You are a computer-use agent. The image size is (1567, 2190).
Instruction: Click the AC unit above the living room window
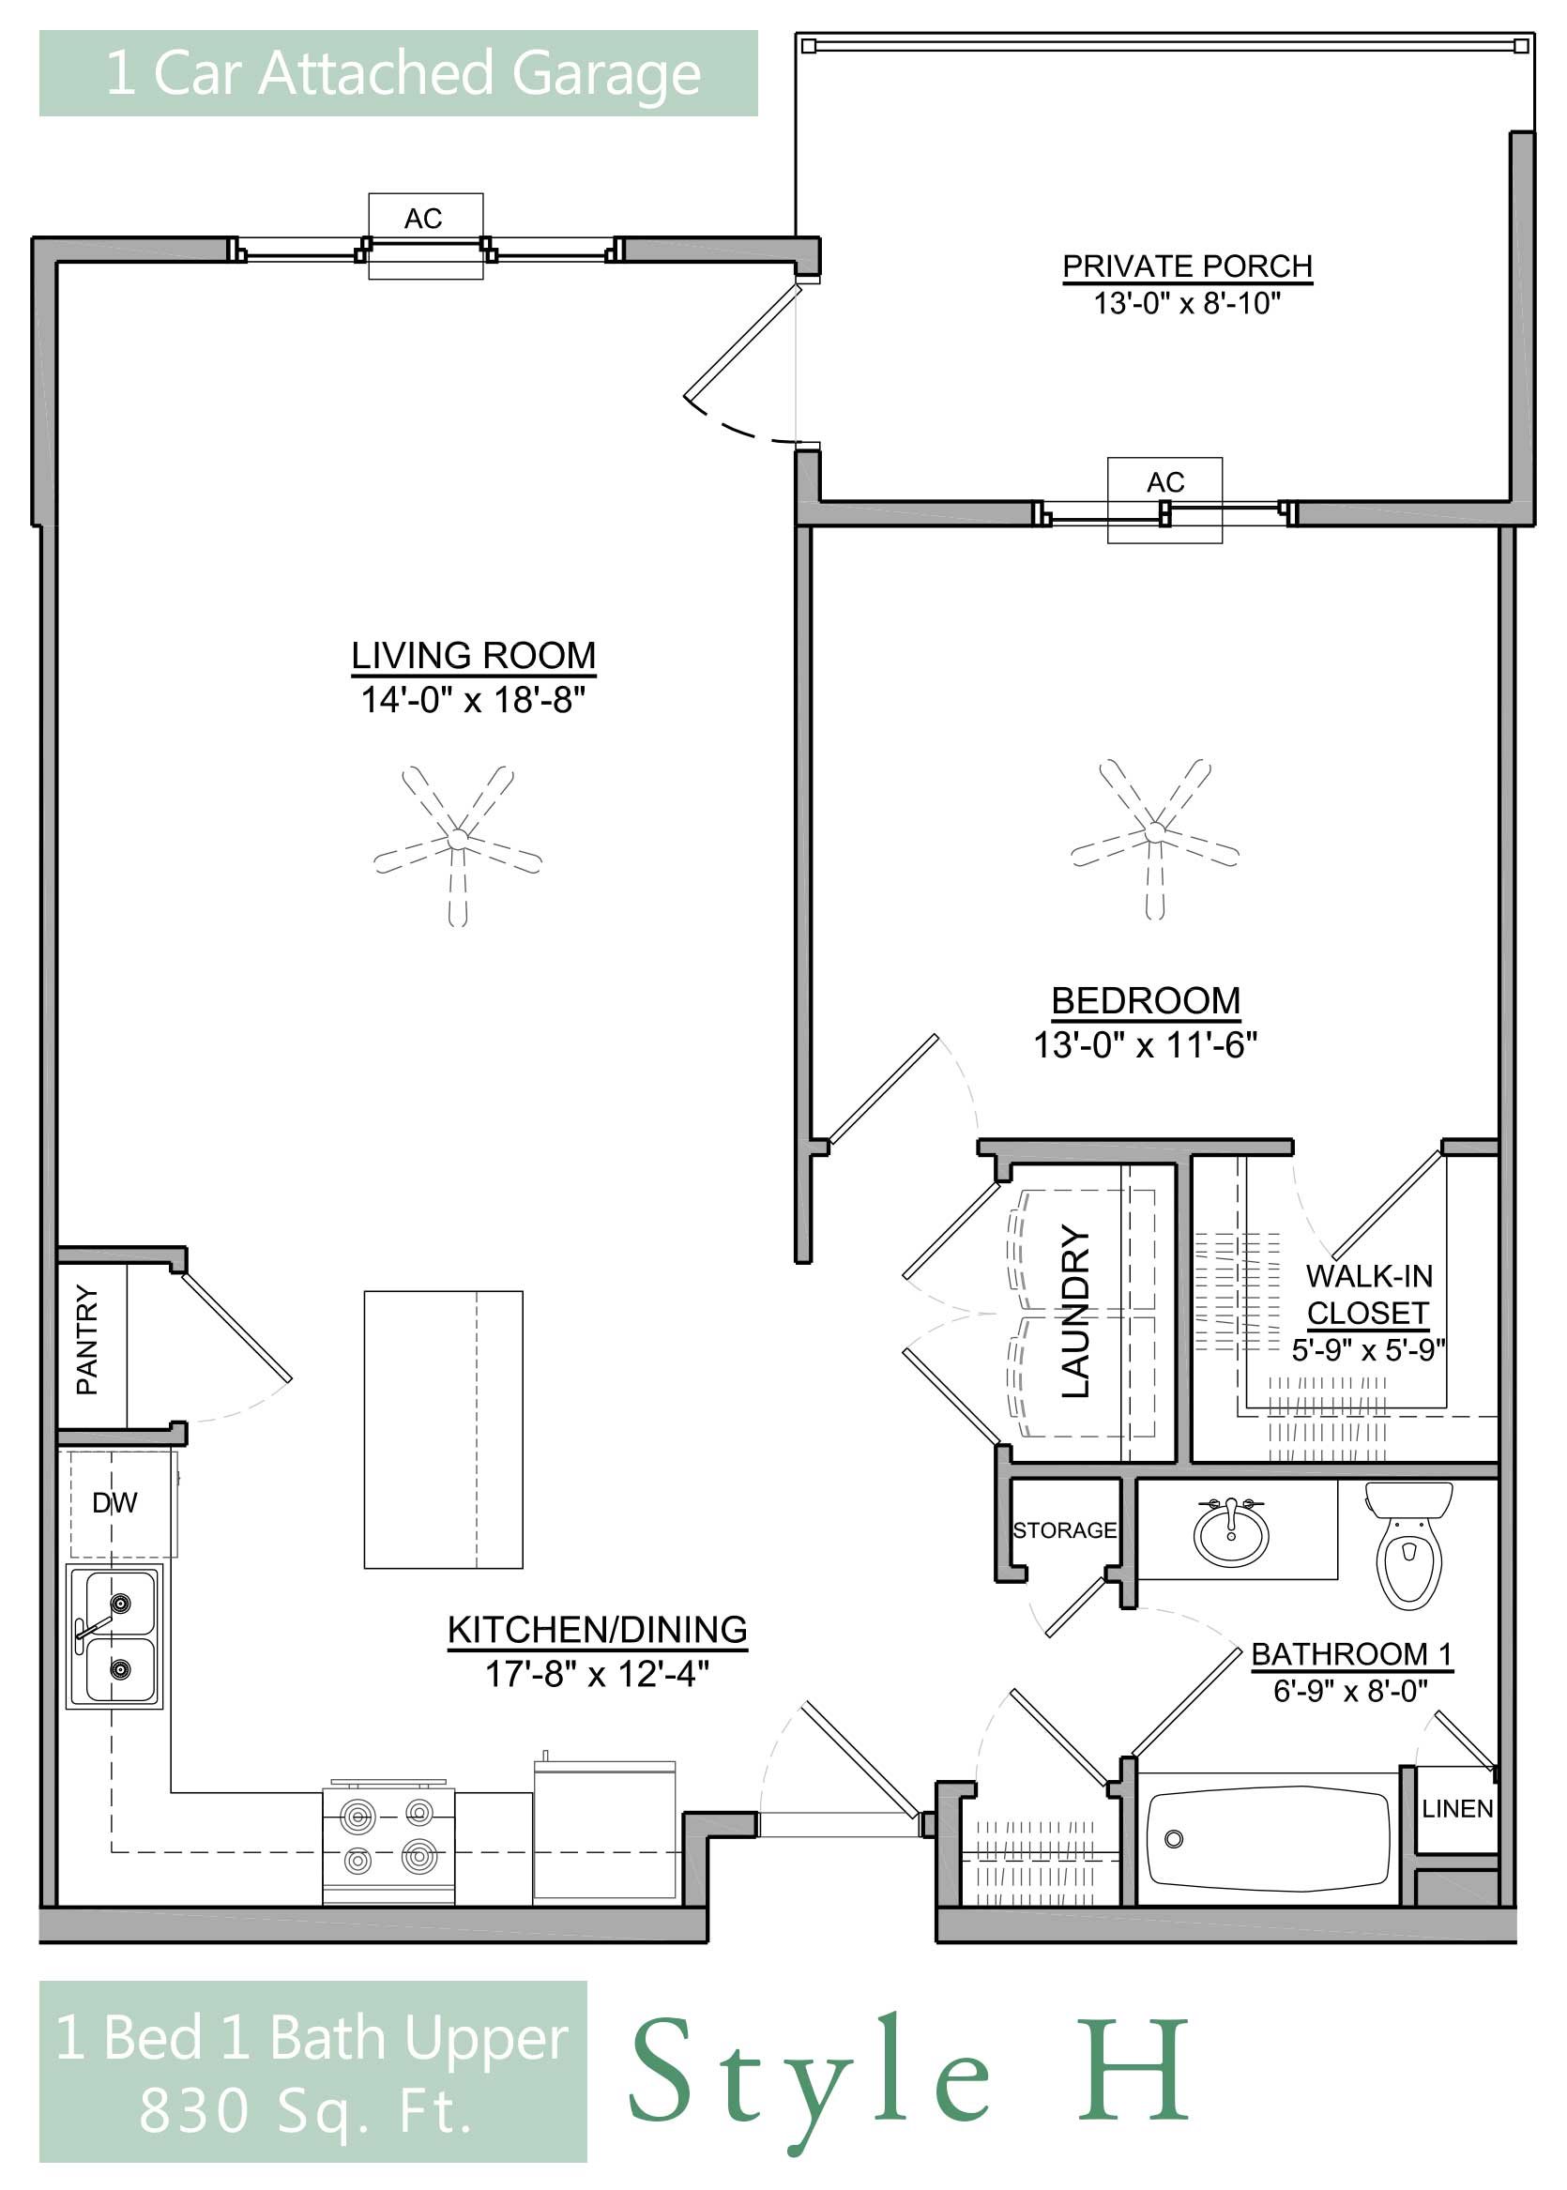(425, 236)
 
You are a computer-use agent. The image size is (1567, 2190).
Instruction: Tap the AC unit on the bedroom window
(1164, 500)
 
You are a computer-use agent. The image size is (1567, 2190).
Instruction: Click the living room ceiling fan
(458, 845)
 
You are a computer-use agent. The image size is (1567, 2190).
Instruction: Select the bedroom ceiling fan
(1155, 839)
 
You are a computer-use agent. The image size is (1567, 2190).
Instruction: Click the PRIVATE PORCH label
(1188, 266)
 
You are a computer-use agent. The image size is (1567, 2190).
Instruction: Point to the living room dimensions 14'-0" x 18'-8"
(473, 698)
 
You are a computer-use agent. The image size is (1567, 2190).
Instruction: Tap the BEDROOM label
(1146, 1000)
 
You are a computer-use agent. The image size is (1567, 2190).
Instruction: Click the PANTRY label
(88, 1340)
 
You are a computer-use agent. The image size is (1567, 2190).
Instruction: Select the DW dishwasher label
(114, 1502)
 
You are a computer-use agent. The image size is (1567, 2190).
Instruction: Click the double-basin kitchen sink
(114, 1636)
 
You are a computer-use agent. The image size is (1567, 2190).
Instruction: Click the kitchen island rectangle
(443, 1430)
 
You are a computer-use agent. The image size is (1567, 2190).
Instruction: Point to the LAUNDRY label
(1076, 1311)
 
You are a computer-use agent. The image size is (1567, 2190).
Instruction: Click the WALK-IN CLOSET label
(1368, 1295)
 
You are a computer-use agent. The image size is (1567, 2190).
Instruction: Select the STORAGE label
(1064, 1530)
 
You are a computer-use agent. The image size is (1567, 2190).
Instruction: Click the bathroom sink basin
(1231, 1534)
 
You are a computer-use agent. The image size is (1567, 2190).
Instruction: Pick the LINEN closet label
(1457, 1809)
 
